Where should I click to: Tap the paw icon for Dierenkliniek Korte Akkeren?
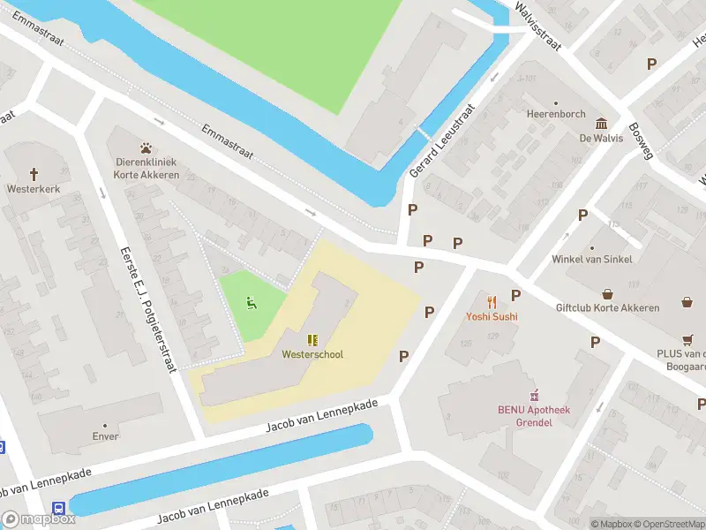[x=146, y=148]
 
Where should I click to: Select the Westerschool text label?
[x=312, y=354]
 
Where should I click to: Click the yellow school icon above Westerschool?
[x=312, y=339]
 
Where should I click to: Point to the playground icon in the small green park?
[x=252, y=305]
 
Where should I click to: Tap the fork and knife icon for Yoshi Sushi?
[x=492, y=302]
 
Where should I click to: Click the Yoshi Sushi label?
[x=492, y=316]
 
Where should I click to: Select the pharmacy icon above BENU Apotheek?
[x=533, y=396]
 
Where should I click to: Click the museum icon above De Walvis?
[x=601, y=124]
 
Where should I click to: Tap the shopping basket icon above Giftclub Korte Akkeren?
[x=608, y=294]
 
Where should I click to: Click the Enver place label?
[x=105, y=436]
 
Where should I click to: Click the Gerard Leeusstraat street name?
[x=443, y=140]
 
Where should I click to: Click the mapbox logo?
[x=39, y=519]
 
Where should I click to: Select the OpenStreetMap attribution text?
[x=667, y=524]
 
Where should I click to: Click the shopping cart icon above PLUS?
[x=687, y=339]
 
